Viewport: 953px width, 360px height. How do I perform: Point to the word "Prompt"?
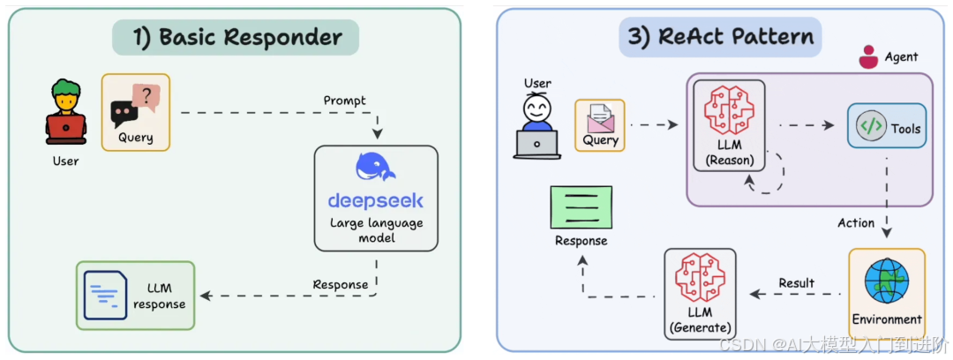click(344, 101)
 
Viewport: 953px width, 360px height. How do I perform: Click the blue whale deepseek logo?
click(376, 168)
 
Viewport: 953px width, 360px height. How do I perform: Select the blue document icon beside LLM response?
click(105, 294)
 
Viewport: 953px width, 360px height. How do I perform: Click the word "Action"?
click(856, 223)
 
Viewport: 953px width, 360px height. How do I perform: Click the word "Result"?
click(796, 283)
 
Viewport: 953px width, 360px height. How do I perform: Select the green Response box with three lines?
click(581, 207)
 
